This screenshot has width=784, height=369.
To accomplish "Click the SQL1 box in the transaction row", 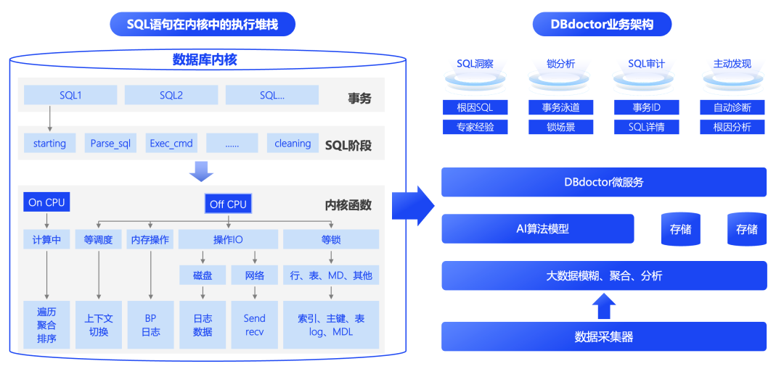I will click(x=70, y=95).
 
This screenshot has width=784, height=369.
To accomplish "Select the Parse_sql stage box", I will click(x=110, y=144).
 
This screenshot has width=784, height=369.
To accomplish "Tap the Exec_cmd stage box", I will click(x=171, y=144).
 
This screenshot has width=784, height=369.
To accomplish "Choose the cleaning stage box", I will click(x=293, y=144).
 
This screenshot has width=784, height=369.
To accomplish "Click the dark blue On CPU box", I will click(x=46, y=202).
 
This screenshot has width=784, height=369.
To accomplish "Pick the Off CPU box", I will click(x=228, y=204).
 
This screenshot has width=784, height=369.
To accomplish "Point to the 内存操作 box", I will click(x=150, y=239).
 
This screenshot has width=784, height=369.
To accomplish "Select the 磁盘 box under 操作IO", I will click(x=203, y=275).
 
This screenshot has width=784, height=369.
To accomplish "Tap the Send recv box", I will click(x=254, y=325).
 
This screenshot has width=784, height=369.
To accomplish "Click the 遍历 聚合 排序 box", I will click(x=46, y=325).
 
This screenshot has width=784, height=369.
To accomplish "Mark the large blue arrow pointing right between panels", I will click(x=412, y=206).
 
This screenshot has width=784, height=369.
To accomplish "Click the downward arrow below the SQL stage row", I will click(x=200, y=171).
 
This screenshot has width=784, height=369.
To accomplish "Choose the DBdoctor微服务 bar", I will click(x=604, y=182).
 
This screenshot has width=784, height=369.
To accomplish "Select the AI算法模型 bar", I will click(x=537, y=228).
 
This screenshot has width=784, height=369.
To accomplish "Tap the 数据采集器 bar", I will click(x=604, y=336).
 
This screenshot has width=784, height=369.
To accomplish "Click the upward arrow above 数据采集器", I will click(x=604, y=306).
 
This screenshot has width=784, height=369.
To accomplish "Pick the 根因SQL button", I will click(x=475, y=107).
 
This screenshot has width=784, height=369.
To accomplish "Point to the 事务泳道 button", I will click(x=560, y=107).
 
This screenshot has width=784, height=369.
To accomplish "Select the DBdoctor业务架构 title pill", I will click(x=602, y=25).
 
